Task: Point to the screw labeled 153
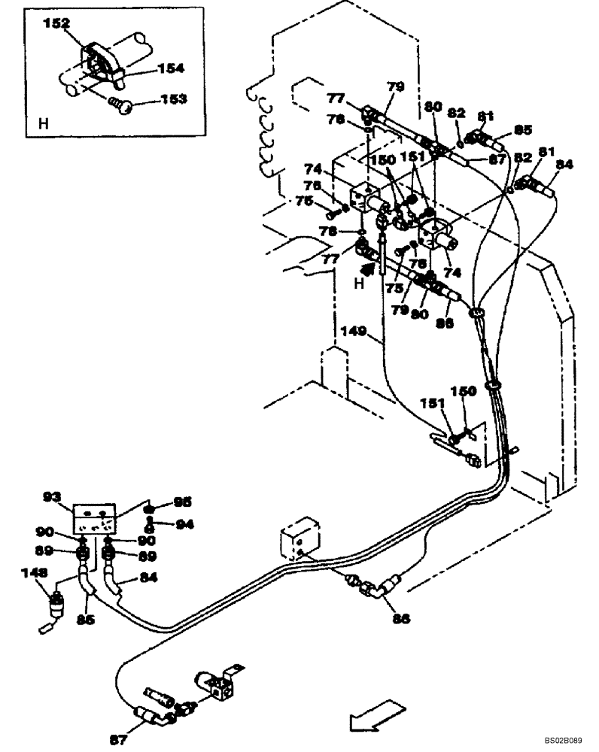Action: coord(121,105)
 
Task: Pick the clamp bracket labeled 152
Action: coord(99,57)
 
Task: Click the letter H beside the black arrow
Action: coord(359,284)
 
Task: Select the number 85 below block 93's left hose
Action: coord(85,621)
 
